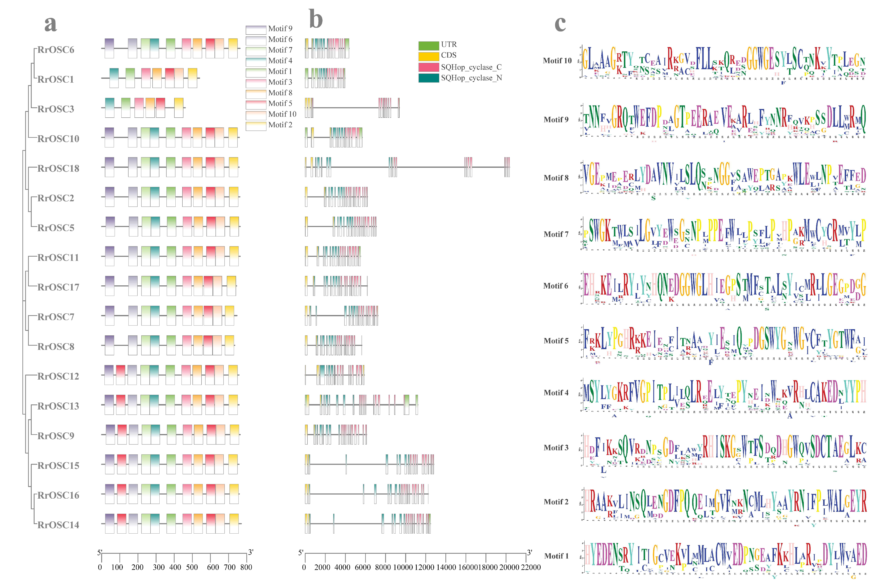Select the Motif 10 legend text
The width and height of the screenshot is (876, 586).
282,114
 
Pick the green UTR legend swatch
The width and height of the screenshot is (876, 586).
428,46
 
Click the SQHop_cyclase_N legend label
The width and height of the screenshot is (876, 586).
471,78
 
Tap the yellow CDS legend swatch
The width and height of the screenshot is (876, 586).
428,56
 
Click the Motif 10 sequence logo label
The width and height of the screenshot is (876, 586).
557,60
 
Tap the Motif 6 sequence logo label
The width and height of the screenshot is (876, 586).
556,286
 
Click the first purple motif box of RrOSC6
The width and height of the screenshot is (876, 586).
109,48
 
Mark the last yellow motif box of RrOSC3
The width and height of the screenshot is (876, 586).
179,108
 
